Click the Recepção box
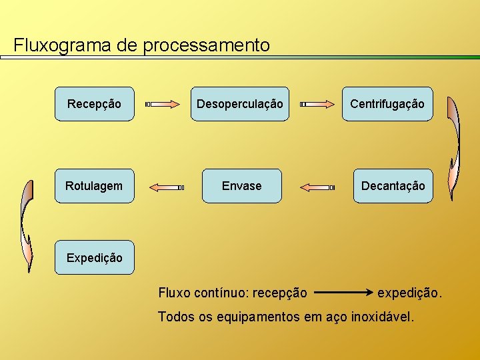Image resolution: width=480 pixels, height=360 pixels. tap(94, 104)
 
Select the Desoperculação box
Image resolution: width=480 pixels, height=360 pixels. tap(240, 104)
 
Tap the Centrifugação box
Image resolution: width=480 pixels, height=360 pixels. tap(387, 104)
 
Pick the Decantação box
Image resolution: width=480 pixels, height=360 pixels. tap(393, 186)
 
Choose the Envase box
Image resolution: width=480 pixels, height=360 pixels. tap(241, 186)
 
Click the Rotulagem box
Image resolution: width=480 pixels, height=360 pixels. tap(94, 186)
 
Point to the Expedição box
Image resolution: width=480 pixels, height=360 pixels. tap(94, 257)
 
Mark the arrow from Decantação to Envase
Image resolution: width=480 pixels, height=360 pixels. tap(317, 187)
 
